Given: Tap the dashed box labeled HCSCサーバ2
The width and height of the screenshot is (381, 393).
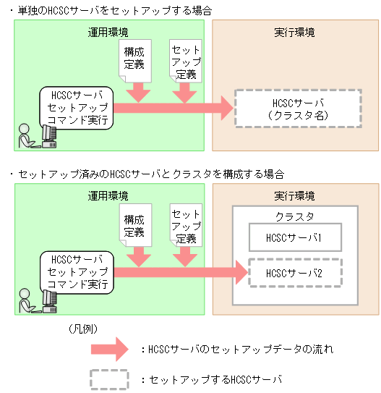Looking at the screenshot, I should point(294,273).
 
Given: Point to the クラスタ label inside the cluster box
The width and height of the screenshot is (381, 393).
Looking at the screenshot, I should point(294,216).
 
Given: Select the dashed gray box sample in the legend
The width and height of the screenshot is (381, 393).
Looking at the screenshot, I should point(109,379).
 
